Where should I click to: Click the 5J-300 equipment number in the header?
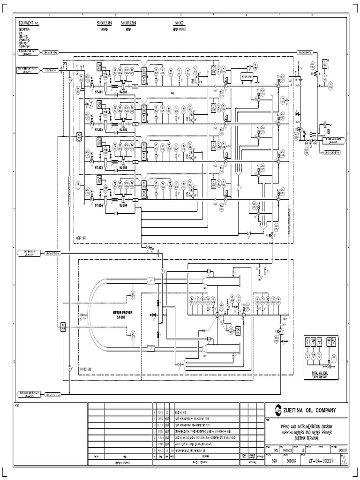point(180,22)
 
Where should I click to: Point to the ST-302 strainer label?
point(99,129)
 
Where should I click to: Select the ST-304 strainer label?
point(99,205)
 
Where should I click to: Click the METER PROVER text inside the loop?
point(121,312)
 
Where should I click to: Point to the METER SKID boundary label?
point(82,238)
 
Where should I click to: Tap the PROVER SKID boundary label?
point(85,368)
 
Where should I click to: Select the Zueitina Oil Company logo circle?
point(272,410)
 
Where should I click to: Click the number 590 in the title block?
point(274,460)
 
